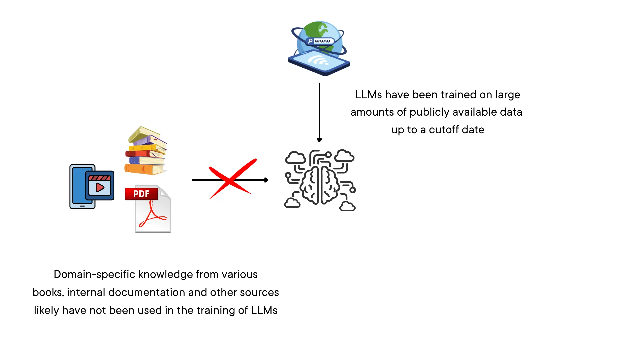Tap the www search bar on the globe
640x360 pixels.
click(320, 41)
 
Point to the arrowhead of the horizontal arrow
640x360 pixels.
click(266, 180)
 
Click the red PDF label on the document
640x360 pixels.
click(141, 194)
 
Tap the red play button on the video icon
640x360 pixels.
click(99, 187)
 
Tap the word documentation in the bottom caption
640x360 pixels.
click(147, 292)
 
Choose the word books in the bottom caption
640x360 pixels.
click(47, 292)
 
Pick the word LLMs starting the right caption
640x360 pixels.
click(368, 95)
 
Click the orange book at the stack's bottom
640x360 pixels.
click(144, 169)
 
